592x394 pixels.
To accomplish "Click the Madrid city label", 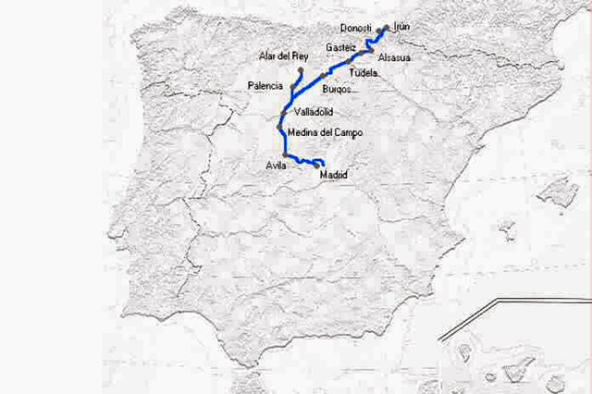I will pyautogui.click(x=333, y=174).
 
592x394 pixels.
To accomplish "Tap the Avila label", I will pyautogui.click(x=276, y=166).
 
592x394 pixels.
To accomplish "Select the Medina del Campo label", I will pyautogui.click(x=325, y=133).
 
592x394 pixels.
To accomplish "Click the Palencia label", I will pyautogui.click(x=265, y=86).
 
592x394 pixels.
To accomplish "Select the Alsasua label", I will pyautogui.click(x=394, y=57).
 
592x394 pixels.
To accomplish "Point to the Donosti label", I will pyautogui.click(x=356, y=28).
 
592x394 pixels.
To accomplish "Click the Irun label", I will pyautogui.click(x=401, y=28).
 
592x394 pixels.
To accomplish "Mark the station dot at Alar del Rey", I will pyautogui.click(x=302, y=69).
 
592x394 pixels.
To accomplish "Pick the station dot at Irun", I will pyautogui.click(x=386, y=29).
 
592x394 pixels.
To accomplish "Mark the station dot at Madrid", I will pyautogui.click(x=316, y=166).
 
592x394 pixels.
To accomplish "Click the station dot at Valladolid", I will pyautogui.click(x=285, y=113).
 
